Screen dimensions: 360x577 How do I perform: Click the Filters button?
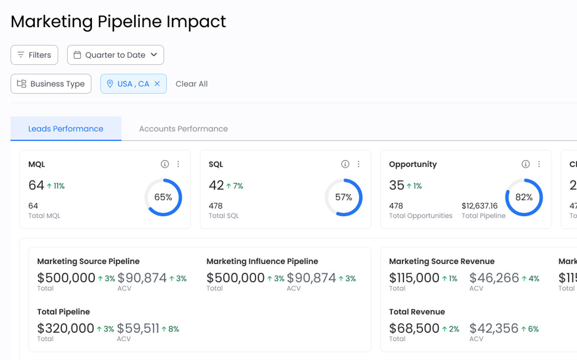coord(34,55)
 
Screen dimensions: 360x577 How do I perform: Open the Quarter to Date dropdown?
coord(115,55)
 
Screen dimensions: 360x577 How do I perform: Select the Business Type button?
coord(51,84)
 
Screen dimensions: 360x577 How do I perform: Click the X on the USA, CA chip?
coord(157,84)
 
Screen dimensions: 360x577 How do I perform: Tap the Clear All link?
coord(192,84)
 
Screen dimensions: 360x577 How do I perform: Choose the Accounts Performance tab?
coord(183,129)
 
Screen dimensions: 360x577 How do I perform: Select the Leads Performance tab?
coord(66,129)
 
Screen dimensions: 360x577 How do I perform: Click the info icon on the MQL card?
coord(165,164)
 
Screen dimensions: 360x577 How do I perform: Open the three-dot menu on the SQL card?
coord(359,164)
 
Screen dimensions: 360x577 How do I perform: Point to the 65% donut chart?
coord(163,197)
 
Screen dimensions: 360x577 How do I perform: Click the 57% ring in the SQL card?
coord(343,197)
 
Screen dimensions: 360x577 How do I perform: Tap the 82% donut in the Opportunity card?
coord(524,197)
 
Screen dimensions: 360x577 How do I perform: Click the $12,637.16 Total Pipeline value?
coord(479,206)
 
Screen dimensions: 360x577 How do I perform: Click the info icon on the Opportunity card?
coord(525,164)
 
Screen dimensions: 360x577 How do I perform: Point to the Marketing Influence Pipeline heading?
coord(262,261)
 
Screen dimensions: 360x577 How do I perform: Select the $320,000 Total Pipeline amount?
coord(66,328)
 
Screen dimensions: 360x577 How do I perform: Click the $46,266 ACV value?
coord(494,278)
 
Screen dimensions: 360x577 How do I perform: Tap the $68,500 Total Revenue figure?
coord(414,328)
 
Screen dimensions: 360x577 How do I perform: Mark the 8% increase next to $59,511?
coord(170,329)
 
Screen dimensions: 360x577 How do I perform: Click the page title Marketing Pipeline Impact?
coord(118,21)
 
